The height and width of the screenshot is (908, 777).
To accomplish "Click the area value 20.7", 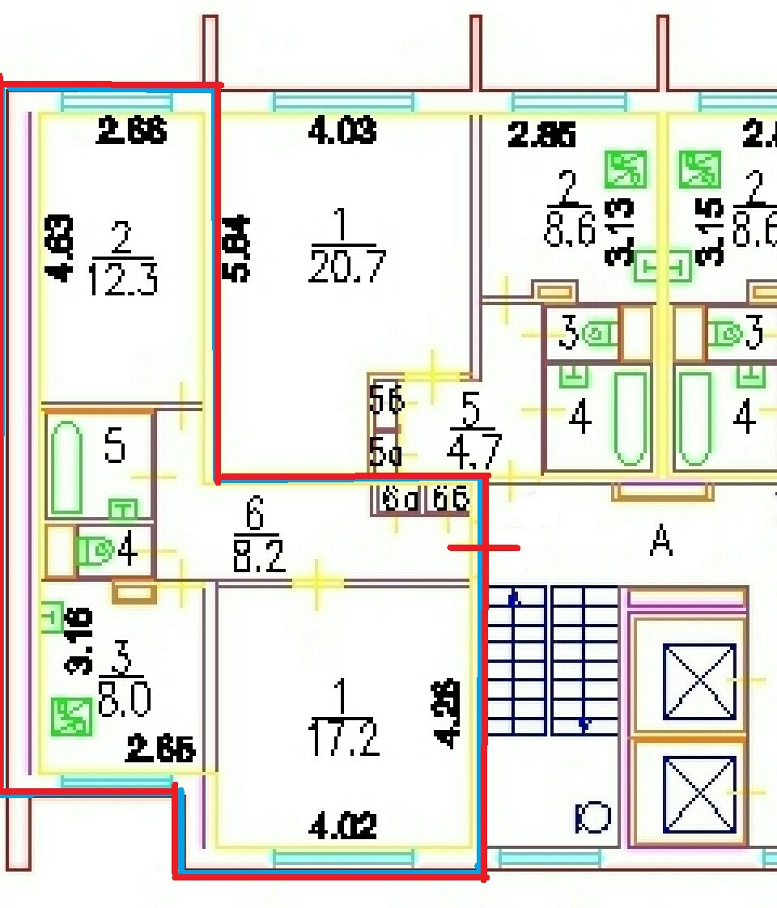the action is (x=347, y=266).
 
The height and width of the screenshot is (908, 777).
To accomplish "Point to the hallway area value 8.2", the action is (x=259, y=558).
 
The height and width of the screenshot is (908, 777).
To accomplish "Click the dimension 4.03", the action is (x=342, y=131).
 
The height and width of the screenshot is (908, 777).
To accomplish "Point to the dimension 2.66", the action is (x=131, y=130).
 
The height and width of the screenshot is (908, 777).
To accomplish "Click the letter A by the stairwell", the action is (x=661, y=541).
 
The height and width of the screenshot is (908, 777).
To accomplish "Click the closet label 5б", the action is (x=386, y=400).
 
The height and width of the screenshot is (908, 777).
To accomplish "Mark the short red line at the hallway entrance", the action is (x=484, y=548).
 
